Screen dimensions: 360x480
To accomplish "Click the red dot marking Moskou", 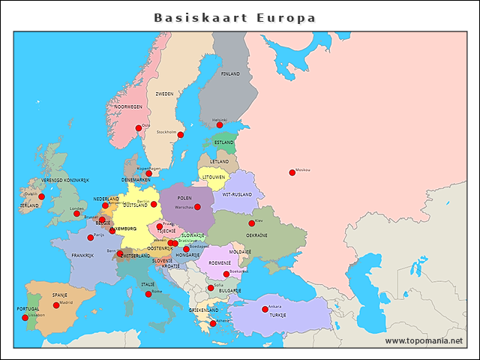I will click(x=292, y=172).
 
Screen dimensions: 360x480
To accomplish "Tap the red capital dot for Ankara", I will click(x=264, y=309).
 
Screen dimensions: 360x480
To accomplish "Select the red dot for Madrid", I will click(x=56, y=305).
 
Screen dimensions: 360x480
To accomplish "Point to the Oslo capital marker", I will click(x=138, y=128).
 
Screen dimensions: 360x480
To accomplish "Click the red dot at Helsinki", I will click(x=220, y=124).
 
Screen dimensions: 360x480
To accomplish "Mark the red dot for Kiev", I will click(x=252, y=223).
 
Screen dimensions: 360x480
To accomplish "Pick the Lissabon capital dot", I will click(x=25, y=318).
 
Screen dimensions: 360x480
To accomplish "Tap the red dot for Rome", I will click(x=148, y=294).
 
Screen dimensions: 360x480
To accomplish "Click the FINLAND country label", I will click(x=230, y=74).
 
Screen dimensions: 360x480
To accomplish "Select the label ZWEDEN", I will click(x=164, y=94).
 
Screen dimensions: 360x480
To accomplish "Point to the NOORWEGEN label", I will click(x=128, y=107).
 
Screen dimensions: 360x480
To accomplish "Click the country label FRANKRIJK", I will click(x=82, y=255).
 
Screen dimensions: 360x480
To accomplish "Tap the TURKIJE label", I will click(x=278, y=316).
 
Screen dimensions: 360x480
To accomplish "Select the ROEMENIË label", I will click(x=220, y=262).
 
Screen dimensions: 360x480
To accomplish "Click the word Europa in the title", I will click(x=286, y=17).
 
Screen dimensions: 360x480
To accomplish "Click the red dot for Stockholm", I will click(x=180, y=135).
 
